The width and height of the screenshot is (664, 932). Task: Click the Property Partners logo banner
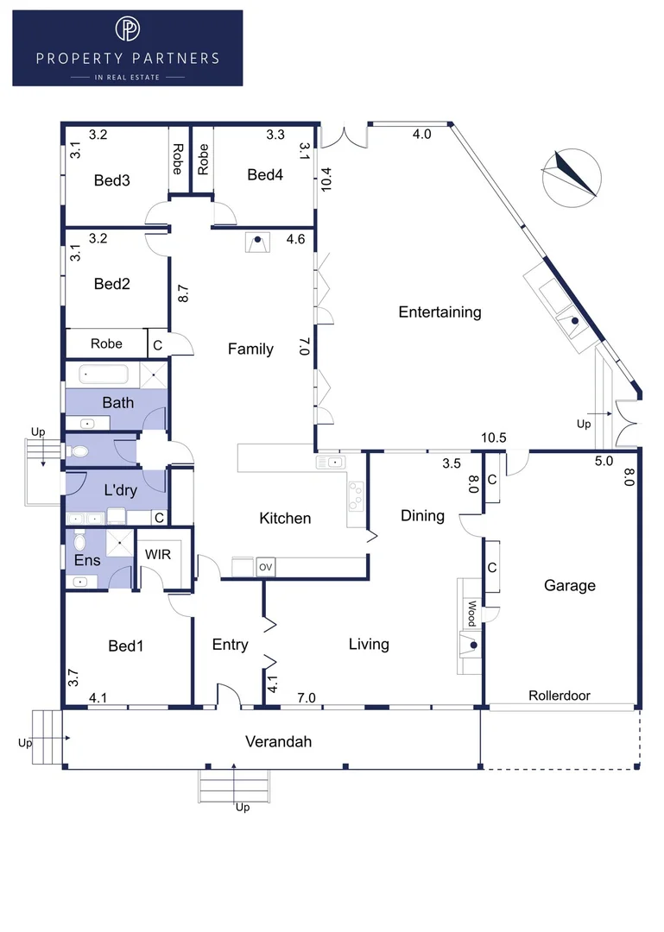tap(127, 47)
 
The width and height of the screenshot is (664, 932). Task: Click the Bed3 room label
tap(112, 180)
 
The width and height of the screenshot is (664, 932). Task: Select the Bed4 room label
tap(265, 174)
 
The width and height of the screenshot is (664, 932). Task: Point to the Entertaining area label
tap(440, 312)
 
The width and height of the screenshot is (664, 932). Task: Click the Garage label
tap(569, 585)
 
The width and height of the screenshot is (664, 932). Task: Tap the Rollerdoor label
tap(560, 696)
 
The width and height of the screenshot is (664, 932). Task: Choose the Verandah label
tap(278, 741)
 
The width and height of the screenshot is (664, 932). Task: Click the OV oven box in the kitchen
tap(265, 567)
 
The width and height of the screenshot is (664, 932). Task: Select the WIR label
tap(158, 555)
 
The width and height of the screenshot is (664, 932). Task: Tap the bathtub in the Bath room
tap(104, 375)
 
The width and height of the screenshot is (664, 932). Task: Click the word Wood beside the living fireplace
tap(471, 614)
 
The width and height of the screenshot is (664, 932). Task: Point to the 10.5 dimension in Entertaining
tap(493, 438)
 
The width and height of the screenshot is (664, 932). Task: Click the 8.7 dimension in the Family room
tap(183, 293)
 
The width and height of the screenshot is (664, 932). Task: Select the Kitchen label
tap(285, 519)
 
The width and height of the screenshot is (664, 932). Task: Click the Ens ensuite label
tap(87, 561)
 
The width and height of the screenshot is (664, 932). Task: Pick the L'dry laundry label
tap(120, 490)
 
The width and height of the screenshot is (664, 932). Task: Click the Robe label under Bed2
tap(106, 343)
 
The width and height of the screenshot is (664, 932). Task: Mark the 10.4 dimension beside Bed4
tap(326, 179)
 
